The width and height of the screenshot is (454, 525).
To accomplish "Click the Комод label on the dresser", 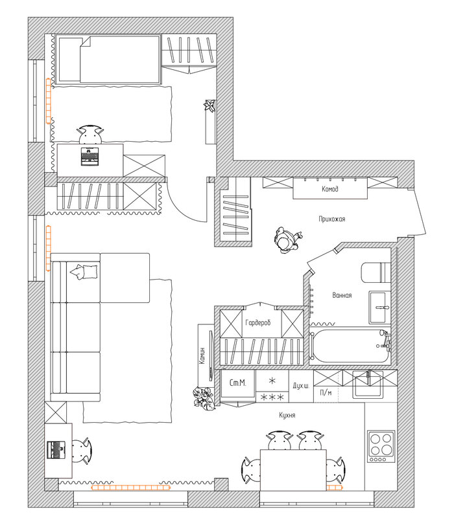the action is [330, 189].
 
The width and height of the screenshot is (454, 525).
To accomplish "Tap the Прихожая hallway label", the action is [332, 219].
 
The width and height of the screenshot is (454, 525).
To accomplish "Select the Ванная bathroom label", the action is [342, 295].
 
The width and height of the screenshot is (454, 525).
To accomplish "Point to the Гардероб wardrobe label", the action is [257, 323].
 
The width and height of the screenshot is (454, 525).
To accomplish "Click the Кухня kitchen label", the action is [287, 415].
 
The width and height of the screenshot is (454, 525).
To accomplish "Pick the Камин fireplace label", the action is [202, 355].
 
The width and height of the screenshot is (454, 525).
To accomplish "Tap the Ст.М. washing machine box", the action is [238, 383].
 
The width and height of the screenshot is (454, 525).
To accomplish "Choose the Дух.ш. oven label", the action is [301, 386].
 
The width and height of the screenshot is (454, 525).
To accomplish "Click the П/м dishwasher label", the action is [326, 392].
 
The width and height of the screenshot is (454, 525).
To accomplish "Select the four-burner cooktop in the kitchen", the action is [381, 447].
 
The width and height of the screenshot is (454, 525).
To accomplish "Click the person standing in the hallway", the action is [287, 240].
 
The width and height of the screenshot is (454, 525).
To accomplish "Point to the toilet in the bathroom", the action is [376, 272].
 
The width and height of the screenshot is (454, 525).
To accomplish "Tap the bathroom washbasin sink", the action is [380, 307].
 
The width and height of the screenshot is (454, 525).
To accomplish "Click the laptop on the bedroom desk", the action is [90, 157].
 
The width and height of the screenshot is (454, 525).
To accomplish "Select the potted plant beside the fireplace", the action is [204, 397].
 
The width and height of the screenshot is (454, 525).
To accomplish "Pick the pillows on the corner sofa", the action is [84, 271].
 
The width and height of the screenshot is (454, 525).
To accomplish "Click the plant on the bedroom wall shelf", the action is [209, 106].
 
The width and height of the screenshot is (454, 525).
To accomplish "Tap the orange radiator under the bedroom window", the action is [49, 101].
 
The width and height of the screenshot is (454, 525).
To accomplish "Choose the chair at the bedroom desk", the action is [90, 134].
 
